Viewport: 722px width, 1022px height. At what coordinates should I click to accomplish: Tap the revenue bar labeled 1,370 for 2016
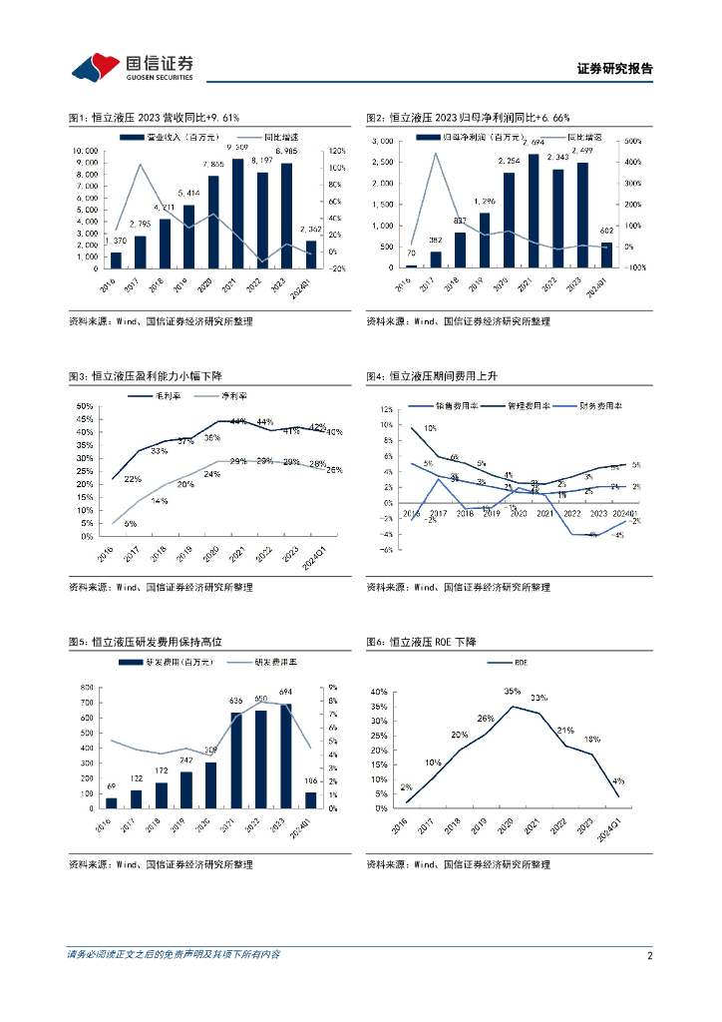pos(116,260)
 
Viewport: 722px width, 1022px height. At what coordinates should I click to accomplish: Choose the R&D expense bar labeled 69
pos(111,802)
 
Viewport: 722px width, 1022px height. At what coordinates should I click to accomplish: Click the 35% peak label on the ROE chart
pos(513,691)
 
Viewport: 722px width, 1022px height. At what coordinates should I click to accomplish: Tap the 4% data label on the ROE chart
pos(620,780)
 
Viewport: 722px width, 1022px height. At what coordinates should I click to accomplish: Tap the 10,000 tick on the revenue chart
pos(84,151)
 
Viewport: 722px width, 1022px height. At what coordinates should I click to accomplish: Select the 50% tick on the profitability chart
pos(84,406)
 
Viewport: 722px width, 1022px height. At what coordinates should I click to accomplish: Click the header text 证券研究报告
pos(615,69)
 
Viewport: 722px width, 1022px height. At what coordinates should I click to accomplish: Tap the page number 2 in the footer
pos(649,955)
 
